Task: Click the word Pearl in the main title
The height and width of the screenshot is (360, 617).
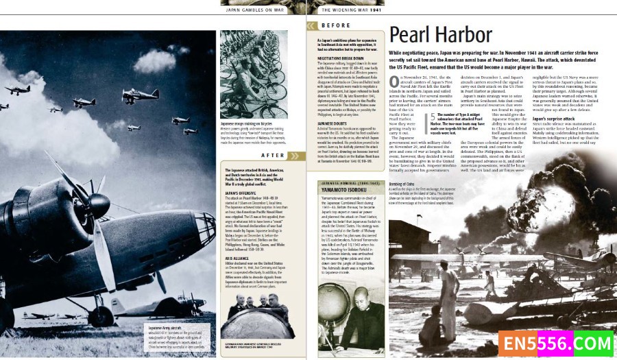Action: coord(413,36)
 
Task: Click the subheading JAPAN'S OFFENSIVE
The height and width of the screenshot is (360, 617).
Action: coord(240,193)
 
